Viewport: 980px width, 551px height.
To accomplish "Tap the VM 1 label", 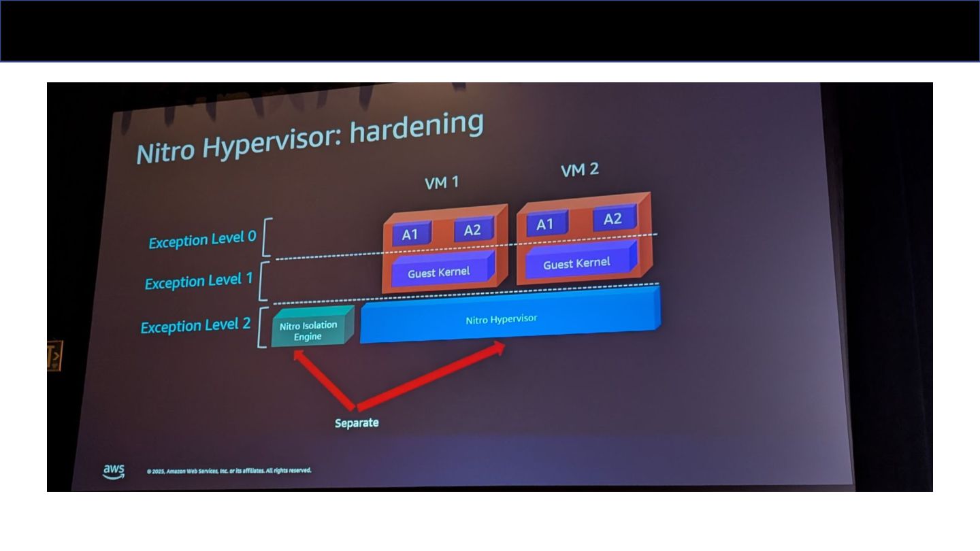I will [x=442, y=182].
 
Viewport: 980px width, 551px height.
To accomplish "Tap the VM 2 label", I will [x=580, y=170].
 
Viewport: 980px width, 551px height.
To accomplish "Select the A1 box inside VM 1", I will [x=410, y=234].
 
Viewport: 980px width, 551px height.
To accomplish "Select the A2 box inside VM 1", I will [x=472, y=230].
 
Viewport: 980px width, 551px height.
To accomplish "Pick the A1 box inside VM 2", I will [x=545, y=224].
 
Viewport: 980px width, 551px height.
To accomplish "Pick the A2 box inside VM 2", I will [x=612, y=218].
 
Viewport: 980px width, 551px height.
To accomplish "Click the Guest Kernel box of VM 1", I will [x=440, y=272].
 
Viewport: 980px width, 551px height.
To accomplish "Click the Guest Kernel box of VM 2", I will [x=577, y=263].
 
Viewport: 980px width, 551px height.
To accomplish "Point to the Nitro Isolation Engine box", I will [x=308, y=331].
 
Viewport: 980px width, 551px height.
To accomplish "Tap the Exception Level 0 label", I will [x=202, y=239].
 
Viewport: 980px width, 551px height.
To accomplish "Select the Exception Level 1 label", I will [x=199, y=281].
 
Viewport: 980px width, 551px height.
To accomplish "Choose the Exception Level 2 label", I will [x=195, y=326].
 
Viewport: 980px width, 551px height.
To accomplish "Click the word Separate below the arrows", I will [x=357, y=423].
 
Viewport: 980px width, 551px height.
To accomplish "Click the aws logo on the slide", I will [x=114, y=471].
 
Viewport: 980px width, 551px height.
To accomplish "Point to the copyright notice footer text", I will [x=229, y=471].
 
